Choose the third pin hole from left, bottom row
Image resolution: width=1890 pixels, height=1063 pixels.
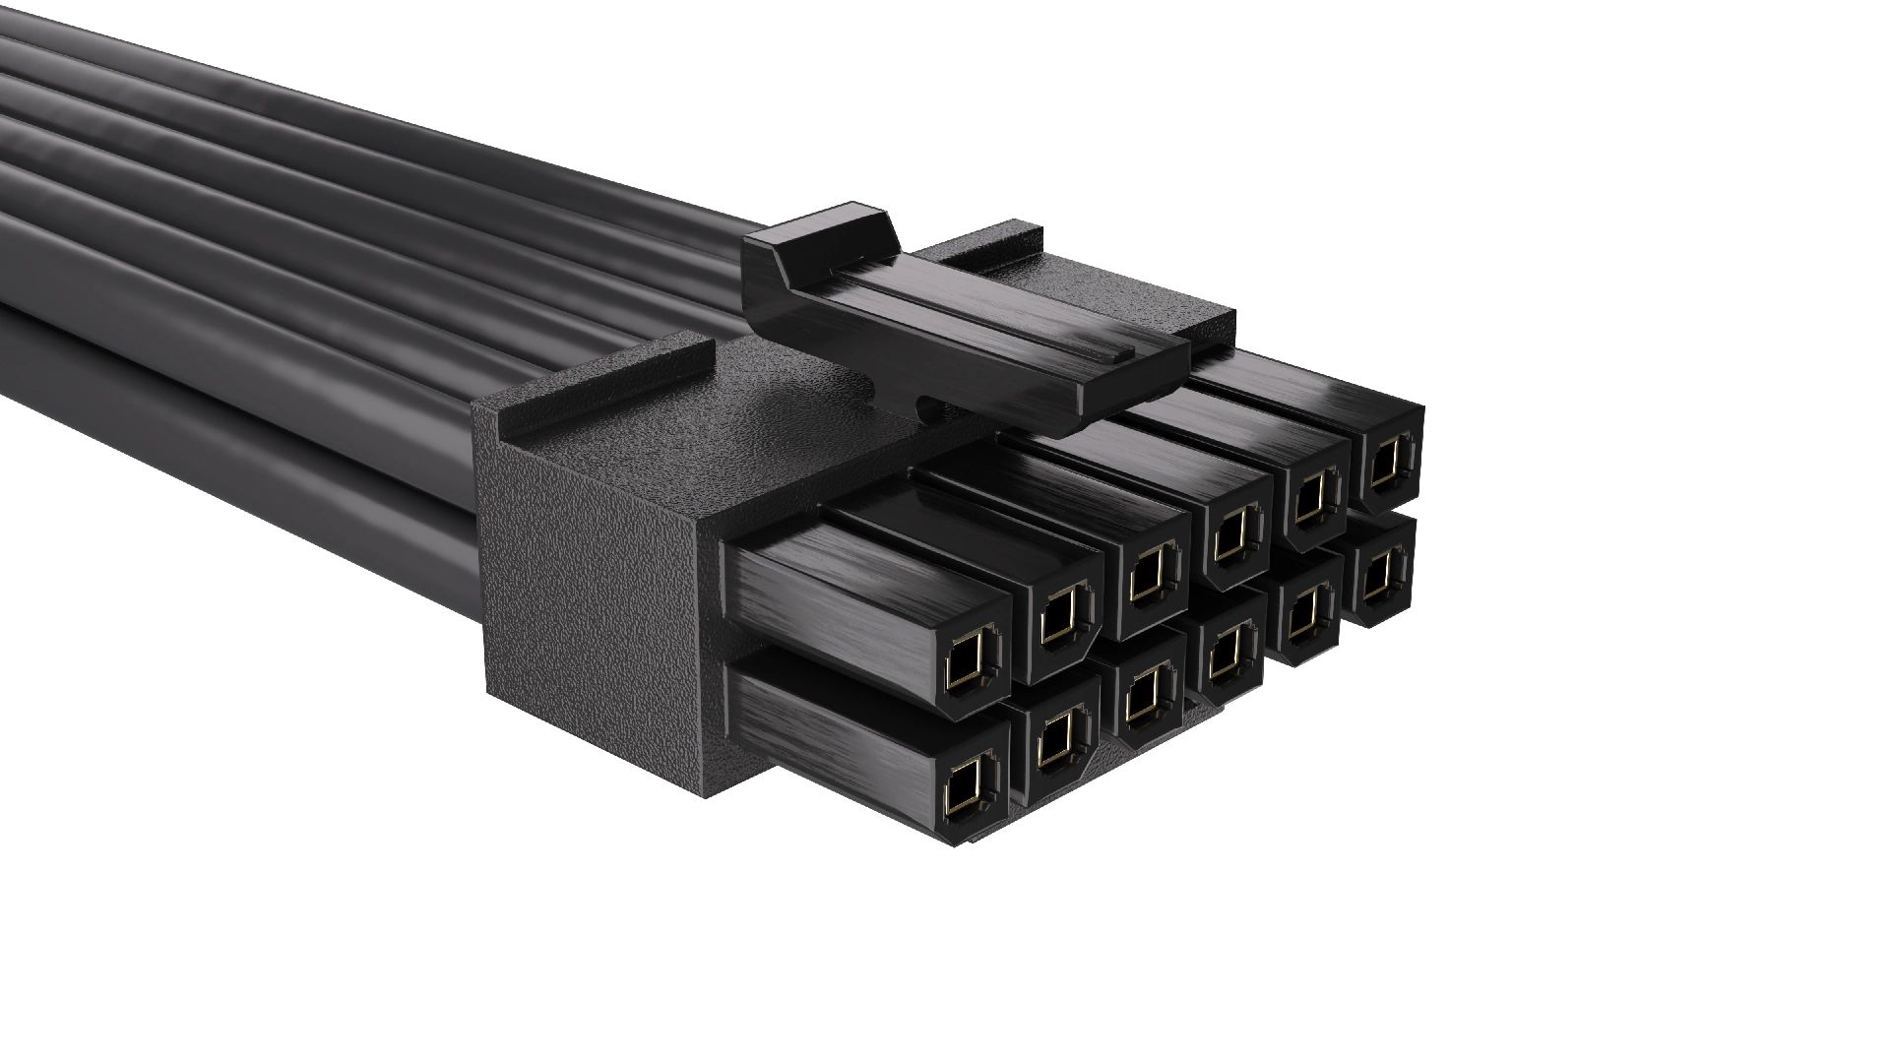[x=1142, y=698]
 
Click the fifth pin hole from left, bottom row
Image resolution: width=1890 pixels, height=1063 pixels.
[x=1304, y=616]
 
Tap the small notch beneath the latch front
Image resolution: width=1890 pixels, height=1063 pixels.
[x=925, y=403]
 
